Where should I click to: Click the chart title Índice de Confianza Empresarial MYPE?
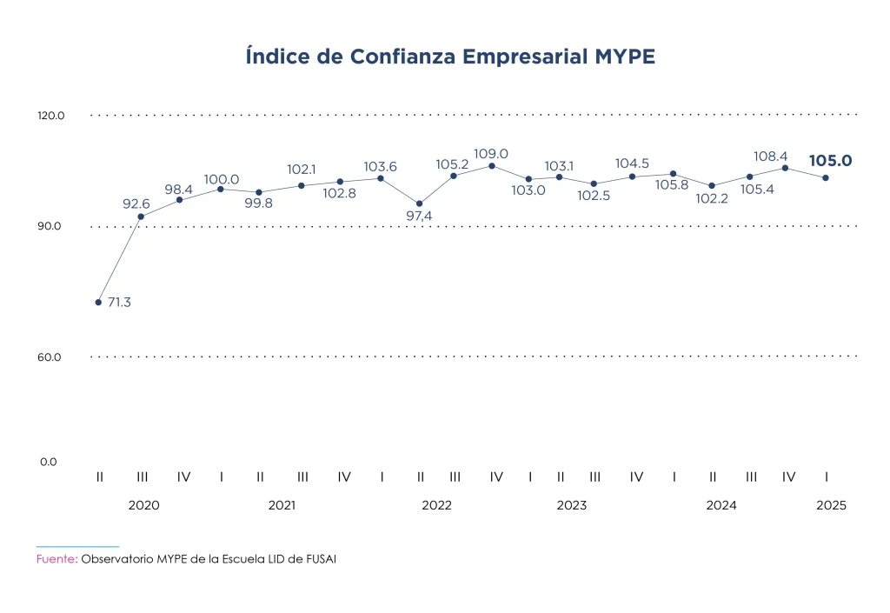pyautogui.click(x=450, y=57)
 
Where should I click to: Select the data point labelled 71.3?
pyautogui.click(x=98, y=303)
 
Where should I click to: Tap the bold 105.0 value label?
pyautogui.click(x=830, y=161)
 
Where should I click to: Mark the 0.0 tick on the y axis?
pyautogui.click(x=48, y=462)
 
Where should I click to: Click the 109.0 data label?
pyautogui.click(x=491, y=154)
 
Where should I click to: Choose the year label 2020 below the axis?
pyautogui.click(x=143, y=505)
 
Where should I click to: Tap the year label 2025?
pyautogui.click(x=831, y=505)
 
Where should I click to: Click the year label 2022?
pyautogui.click(x=436, y=505)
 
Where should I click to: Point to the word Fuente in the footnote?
pyautogui.click(x=56, y=559)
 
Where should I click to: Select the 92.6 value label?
pyautogui.click(x=136, y=204)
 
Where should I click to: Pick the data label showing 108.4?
pyautogui.click(x=770, y=157)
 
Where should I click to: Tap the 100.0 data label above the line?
pyautogui.click(x=222, y=179)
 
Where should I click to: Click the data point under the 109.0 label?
pyautogui.click(x=492, y=166)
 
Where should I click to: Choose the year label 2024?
pyautogui.click(x=721, y=505)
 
